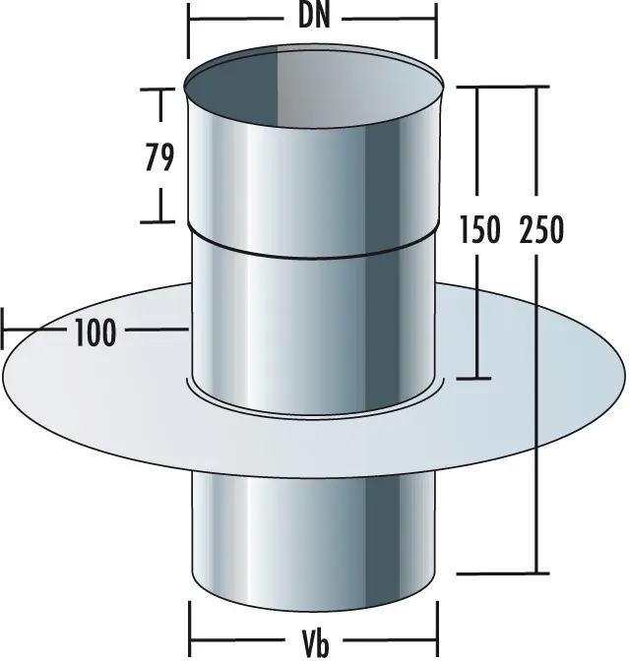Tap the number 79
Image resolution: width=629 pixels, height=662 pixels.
[158, 156]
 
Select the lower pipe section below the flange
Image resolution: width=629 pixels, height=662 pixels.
[313, 536]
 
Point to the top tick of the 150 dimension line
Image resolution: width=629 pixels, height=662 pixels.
[477, 88]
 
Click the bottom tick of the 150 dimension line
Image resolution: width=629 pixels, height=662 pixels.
[477, 378]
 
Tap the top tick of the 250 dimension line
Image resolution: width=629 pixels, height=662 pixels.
[537, 88]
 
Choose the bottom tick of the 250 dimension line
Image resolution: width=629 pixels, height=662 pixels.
[537, 572]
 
